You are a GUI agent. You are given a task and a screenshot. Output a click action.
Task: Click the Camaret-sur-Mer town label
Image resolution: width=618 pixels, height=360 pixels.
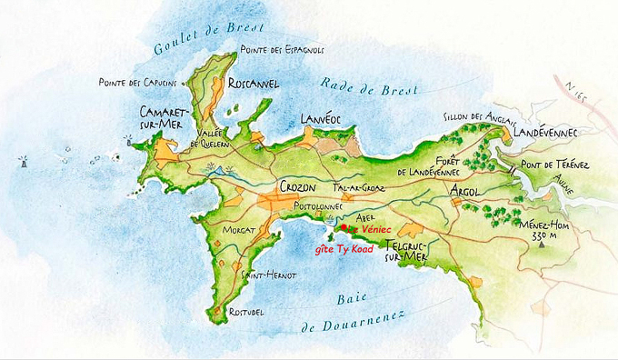tap(154, 118)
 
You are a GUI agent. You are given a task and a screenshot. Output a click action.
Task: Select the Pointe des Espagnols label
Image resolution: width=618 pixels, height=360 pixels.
tap(281, 49)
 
